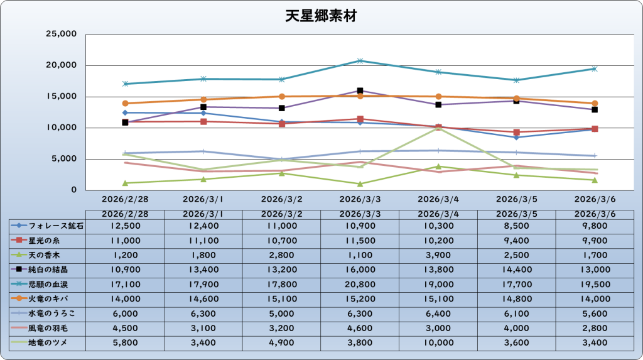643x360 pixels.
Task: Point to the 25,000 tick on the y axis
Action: pos(62,34)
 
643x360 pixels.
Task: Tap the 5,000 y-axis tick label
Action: pos(65,159)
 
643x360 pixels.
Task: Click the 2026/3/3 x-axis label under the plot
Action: pos(360,199)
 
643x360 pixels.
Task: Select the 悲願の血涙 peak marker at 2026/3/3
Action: pos(360,61)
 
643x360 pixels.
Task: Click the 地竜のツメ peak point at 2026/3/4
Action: pos(438,128)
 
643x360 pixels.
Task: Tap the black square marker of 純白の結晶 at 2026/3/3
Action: pos(360,90)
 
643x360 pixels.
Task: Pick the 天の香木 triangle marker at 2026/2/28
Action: pos(125,183)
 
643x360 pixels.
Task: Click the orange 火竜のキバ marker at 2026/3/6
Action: pos(595,103)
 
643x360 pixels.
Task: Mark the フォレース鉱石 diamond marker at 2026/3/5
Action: pos(516,137)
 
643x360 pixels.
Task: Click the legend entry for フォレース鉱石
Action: pos(47,225)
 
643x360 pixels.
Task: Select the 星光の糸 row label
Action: pos(47,240)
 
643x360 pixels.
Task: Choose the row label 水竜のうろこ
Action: pos(47,312)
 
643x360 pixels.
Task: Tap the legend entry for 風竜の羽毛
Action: pos(47,327)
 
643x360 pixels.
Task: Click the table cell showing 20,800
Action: pos(360,283)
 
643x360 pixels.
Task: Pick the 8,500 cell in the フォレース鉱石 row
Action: pos(516,225)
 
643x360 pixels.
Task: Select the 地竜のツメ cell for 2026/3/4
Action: pos(438,342)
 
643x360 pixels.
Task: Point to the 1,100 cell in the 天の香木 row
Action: pos(360,254)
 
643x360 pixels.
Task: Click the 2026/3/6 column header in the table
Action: pos(595,214)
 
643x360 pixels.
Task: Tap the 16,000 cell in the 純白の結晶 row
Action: pos(360,269)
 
